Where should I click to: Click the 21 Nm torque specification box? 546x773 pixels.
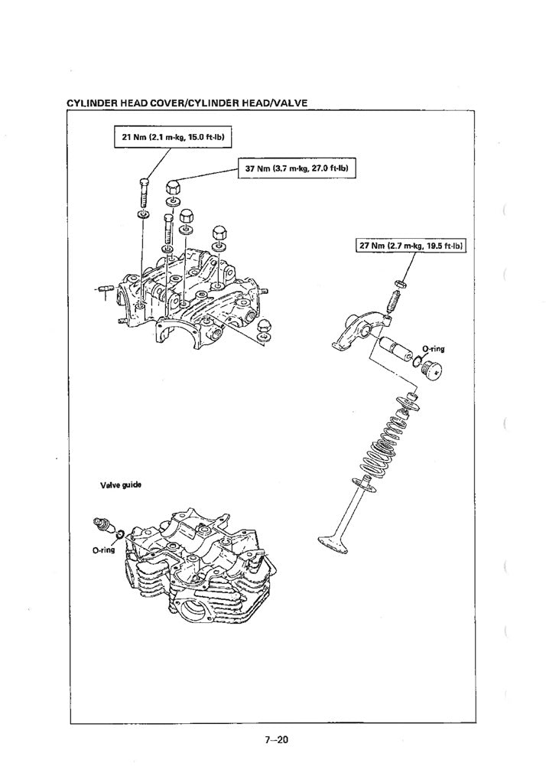(x=172, y=137)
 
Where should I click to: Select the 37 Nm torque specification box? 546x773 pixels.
(x=298, y=168)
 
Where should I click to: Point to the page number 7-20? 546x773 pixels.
(x=273, y=740)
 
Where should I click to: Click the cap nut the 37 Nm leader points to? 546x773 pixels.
(x=173, y=186)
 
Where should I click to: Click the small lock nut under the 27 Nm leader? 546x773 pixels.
(x=398, y=286)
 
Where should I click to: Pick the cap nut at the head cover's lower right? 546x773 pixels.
(x=264, y=327)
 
